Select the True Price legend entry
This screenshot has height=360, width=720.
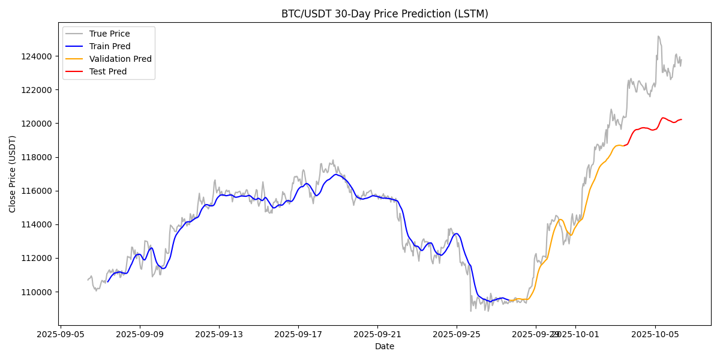click(109, 34)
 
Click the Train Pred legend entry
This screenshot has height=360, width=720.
click(109, 46)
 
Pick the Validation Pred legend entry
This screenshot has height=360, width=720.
click(120, 59)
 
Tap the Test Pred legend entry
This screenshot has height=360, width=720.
click(108, 71)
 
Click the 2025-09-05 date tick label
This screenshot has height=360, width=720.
click(61, 334)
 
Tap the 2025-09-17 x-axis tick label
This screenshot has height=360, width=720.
click(298, 334)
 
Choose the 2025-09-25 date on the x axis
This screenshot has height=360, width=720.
click(457, 334)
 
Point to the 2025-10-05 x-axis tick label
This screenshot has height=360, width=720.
click(655, 334)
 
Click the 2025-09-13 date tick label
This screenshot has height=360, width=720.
click(219, 334)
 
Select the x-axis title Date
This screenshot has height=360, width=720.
click(385, 346)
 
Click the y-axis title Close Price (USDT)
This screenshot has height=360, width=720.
click(13, 173)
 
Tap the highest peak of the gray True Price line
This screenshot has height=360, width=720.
click(658, 36)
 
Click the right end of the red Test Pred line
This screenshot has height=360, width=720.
click(681, 119)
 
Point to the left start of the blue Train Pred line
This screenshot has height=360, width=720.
click(108, 281)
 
